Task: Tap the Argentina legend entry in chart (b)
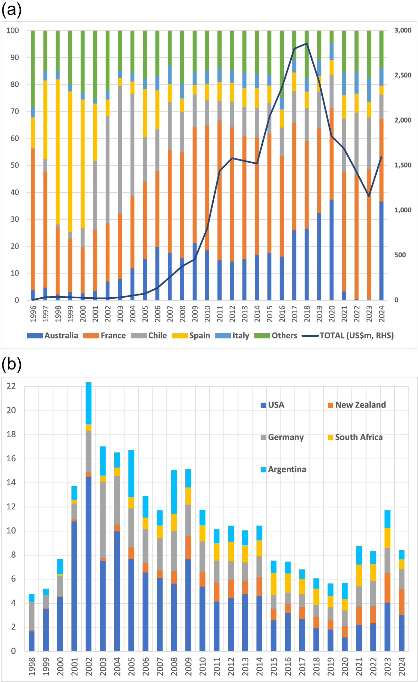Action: (x=283, y=470)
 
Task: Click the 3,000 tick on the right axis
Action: (x=403, y=30)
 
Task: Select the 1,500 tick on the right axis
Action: (x=403, y=165)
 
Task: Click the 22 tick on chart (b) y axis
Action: (x=11, y=386)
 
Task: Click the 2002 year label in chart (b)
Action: (x=89, y=666)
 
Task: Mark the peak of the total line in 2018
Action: (x=307, y=44)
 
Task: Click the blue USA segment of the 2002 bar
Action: (x=89, y=563)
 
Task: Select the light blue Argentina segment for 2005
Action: (x=131, y=473)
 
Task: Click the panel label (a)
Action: (x=11, y=10)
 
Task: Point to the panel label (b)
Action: (x=11, y=365)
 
